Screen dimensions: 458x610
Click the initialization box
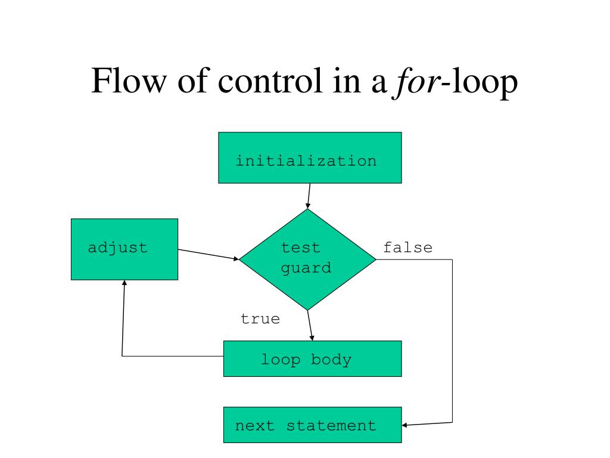[310, 157]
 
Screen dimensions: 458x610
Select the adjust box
[124, 249]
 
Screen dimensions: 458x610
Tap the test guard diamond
[307, 259]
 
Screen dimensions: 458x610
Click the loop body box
[312, 358]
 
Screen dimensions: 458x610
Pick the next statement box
[312, 425]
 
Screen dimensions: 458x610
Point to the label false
[407, 247]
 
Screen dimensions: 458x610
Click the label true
[260, 319]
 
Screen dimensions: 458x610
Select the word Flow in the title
[122, 83]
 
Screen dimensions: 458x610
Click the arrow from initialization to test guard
[309, 196]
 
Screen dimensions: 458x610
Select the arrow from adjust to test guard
[208, 255]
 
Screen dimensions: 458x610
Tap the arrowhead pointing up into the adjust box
[124, 284]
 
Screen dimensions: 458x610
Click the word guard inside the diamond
[306, 268]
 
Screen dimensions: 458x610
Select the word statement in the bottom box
[331, 426]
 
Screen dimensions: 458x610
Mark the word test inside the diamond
[300, 247]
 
